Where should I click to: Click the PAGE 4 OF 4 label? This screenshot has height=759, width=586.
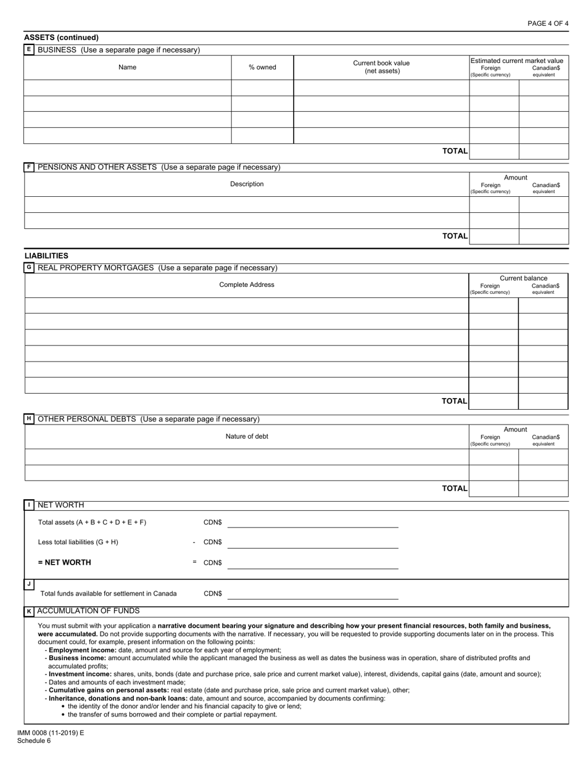(548, 23)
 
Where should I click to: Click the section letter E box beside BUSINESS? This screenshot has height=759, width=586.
(29, 49)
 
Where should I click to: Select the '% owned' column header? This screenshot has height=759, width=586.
(262, 67)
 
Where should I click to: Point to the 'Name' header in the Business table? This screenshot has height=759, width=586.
(127, 67)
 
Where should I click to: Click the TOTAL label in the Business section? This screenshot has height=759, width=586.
(455, 151)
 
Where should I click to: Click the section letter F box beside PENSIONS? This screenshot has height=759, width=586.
(29, 167)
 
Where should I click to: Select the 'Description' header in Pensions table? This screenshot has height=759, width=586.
(247, 184)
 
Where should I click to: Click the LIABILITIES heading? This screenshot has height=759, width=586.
(46, 255)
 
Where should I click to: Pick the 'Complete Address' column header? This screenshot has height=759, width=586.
(247, 284)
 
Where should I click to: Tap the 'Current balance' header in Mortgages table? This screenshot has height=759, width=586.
(523, 278)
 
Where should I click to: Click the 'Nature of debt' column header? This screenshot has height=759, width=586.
(247, 436)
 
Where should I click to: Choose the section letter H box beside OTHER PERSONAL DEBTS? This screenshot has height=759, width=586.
(29, 419)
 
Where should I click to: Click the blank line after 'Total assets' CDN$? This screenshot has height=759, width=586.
(313, 523)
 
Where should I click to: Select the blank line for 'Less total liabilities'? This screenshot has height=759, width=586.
(313, 543)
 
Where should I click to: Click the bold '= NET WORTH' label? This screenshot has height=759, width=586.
(64, 562)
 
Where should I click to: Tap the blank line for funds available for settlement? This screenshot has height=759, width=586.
(313, 594)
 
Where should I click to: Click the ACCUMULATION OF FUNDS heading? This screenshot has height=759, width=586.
(88, 611)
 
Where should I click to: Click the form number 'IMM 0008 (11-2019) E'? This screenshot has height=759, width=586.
(51, 733)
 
